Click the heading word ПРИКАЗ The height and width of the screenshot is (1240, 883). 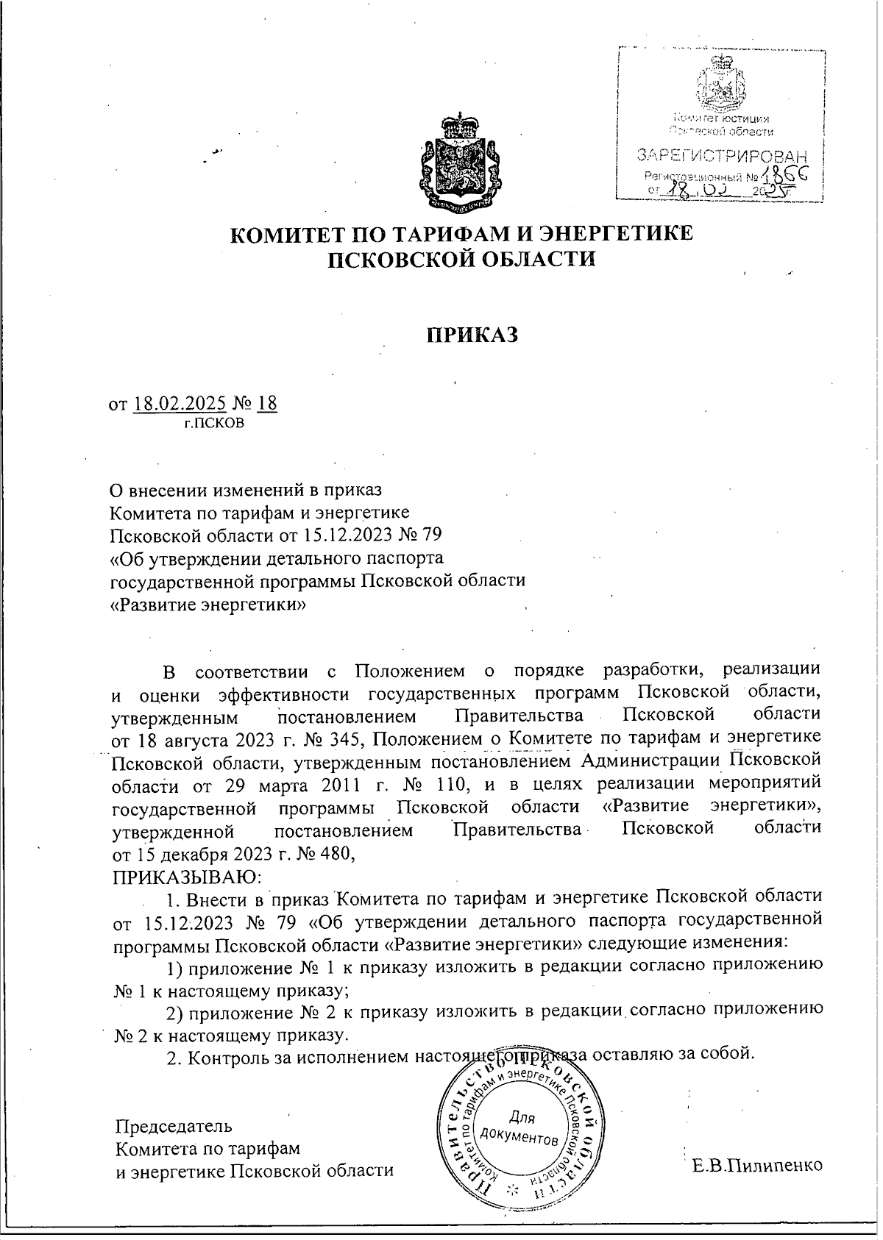(x=473, y=335)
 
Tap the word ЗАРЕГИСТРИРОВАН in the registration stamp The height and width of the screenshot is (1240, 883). (x=721, y=156)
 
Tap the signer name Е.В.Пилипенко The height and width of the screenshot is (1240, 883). (x=757, y=1166)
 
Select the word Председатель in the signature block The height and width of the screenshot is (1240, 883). (x=174, y=1126)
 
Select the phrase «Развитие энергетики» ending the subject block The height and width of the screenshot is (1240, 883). (x=208, y=605)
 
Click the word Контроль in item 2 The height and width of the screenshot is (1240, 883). (x=219, y=1057)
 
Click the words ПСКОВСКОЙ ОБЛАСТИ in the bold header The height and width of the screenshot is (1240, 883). (x=461, y=259)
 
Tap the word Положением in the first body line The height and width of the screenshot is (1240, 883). (x=408, y=671)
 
